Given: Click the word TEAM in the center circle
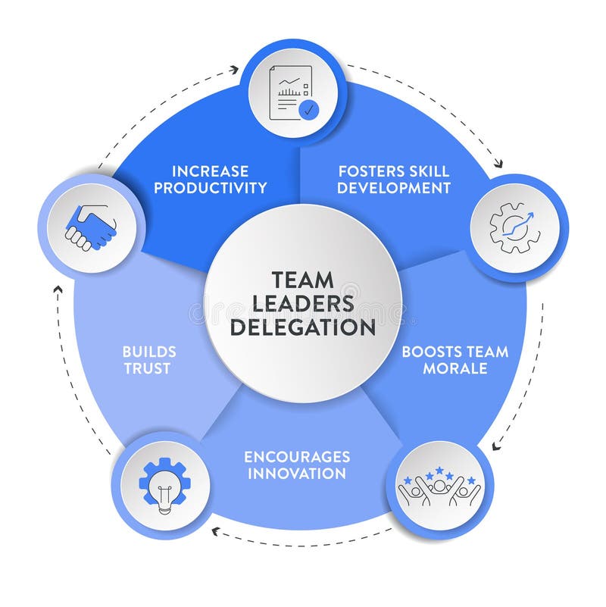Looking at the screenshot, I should click(x=302, y=280).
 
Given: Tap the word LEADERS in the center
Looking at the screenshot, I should click(x=302, y=303).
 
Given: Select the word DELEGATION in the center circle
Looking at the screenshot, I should click(x=302, y=327).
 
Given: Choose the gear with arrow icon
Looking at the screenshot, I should click(x=515, y=227).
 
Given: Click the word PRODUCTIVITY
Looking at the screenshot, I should click(x=210, y=187).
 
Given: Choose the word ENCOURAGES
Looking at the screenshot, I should click(x=296, y=457).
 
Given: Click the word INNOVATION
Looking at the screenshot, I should click(x=296, y=474).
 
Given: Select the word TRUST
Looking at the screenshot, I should click(x=149, y=368).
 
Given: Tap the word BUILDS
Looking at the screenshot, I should click(x=149, y=352).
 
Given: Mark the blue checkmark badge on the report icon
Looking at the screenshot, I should click(x=308, y=111).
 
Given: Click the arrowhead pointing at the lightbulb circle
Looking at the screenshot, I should click(x=216, y=531).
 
